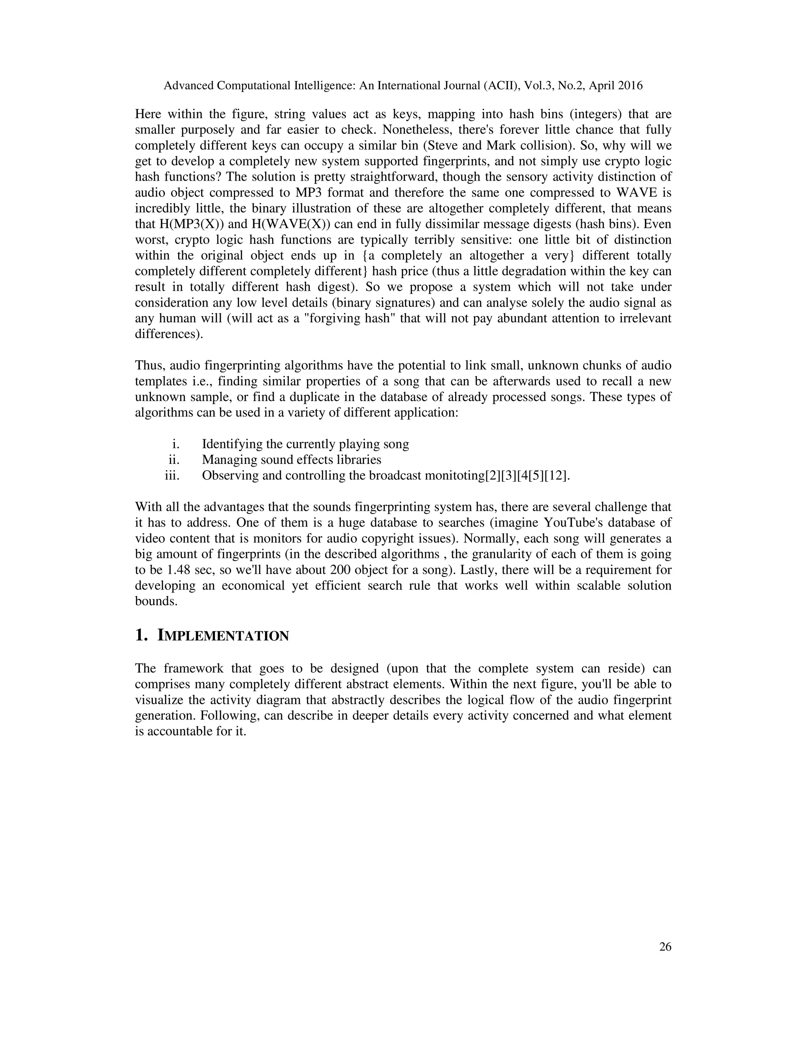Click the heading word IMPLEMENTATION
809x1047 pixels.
coord(223,636)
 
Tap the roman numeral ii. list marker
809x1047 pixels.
coord(173,460)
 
